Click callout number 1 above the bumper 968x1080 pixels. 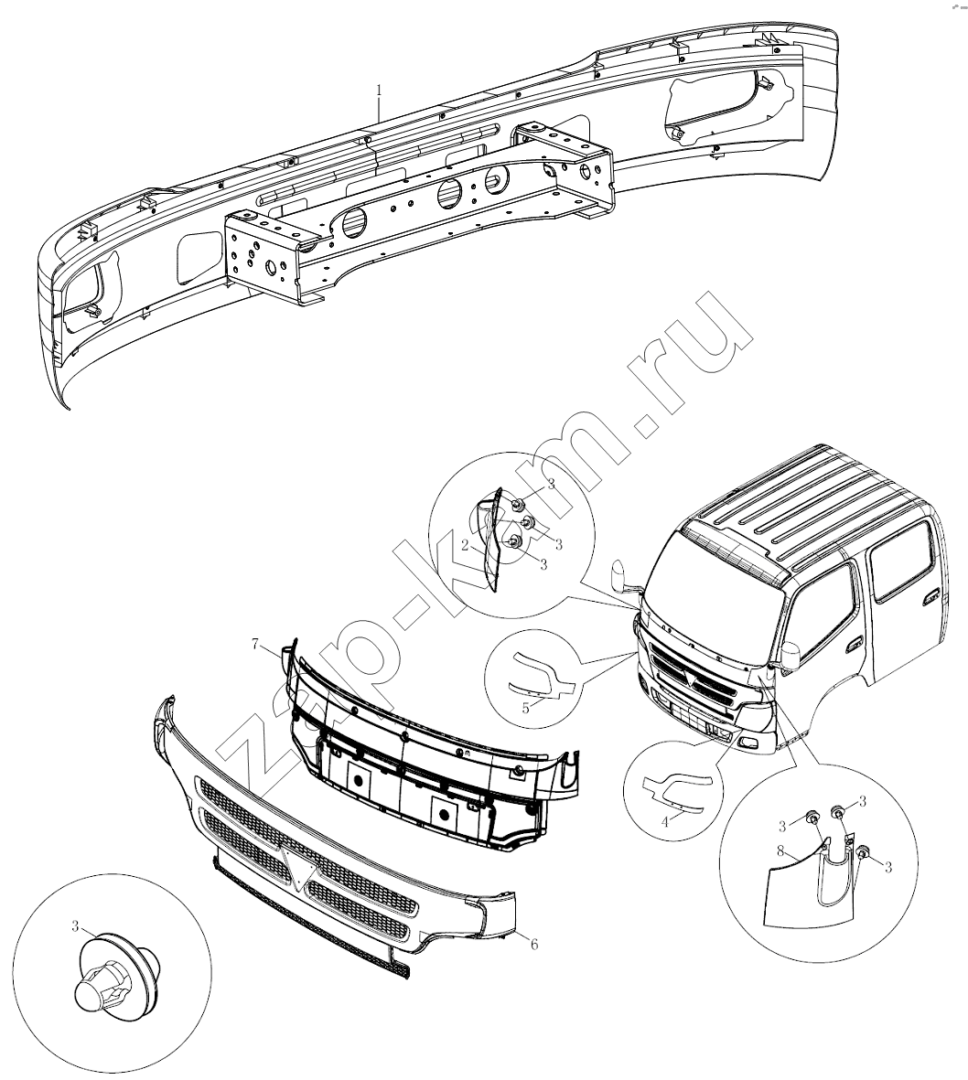(x=378, y=91)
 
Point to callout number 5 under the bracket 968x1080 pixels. (x=526, y=708)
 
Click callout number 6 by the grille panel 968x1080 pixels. (x=533, y=945)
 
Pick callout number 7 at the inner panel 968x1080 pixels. (x=255, y=645)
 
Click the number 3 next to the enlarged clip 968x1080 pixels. (x=75, y=926)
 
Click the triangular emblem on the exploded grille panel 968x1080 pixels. (x=297, y=865)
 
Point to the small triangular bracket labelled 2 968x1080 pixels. (x=491, y=540)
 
